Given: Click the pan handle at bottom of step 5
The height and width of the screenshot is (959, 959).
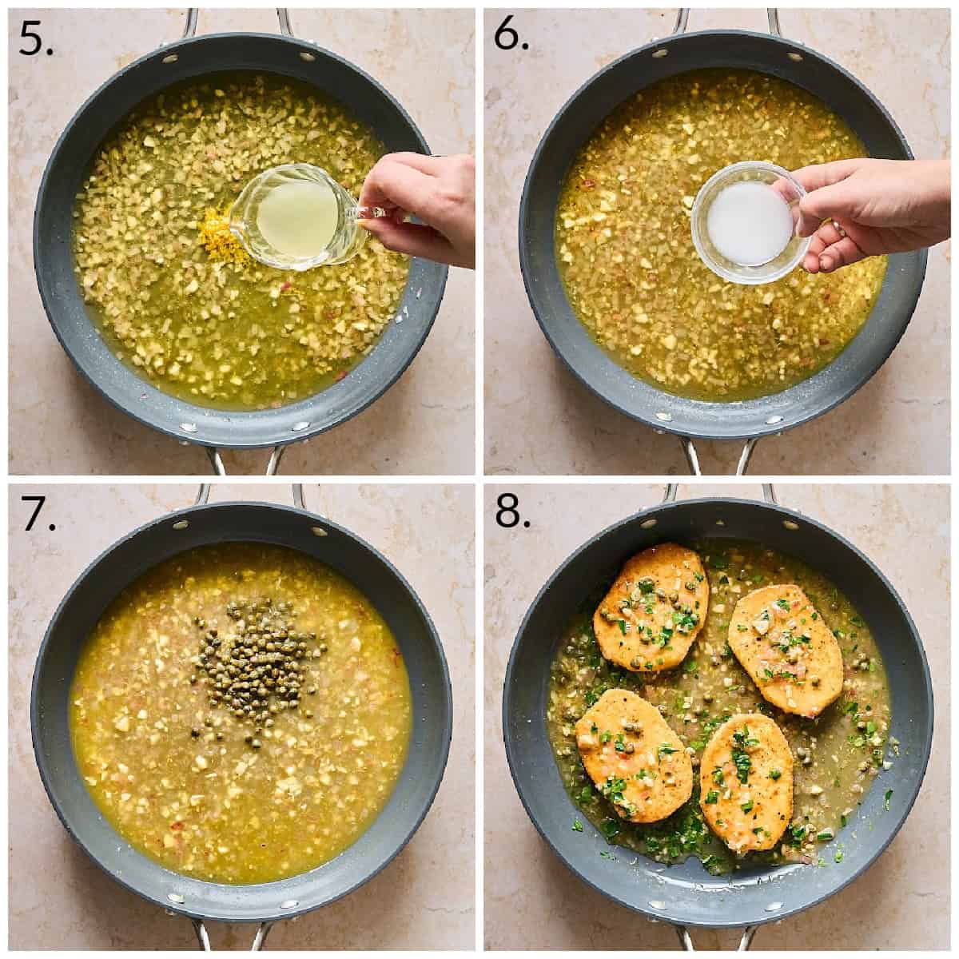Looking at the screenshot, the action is point(244,459).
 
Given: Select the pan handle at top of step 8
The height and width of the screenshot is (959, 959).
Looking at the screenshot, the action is point(719,498).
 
